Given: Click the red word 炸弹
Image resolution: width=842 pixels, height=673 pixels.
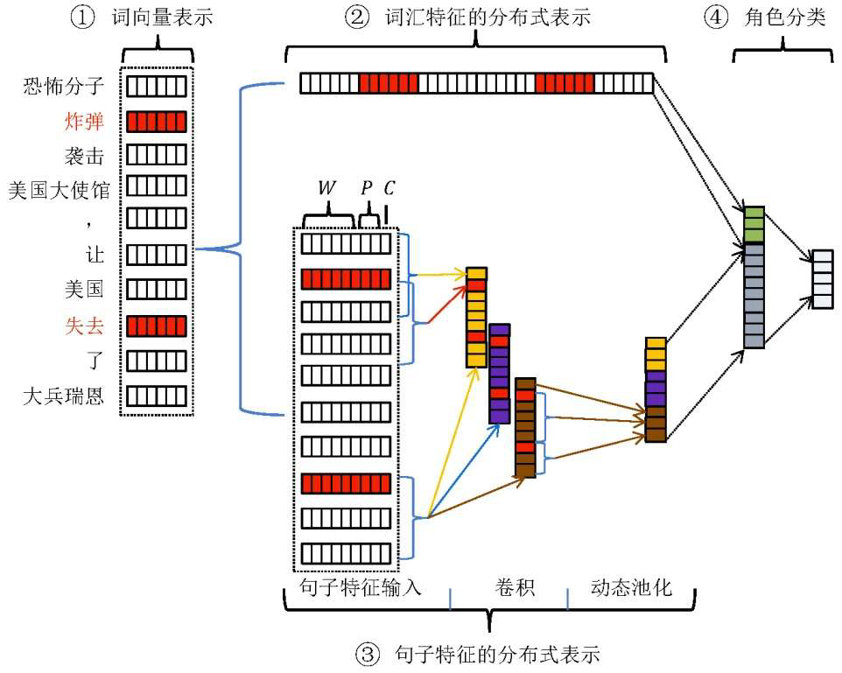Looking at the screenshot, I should tap(84, 121).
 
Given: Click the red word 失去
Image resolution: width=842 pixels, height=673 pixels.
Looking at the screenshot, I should tap(84, 326).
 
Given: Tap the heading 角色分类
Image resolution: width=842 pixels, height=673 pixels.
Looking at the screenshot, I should tap(789, 18).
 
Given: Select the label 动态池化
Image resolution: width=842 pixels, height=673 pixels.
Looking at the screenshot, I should tap(631, 587).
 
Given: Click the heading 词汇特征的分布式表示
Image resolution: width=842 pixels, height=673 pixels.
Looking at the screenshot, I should tap(491, 18).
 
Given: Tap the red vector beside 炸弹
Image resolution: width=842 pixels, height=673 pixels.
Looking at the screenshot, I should tap(157, 121).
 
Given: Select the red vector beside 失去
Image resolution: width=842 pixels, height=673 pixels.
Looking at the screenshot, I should tap(157, 326).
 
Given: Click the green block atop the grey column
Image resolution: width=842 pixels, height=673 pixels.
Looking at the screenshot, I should tap(754, 225).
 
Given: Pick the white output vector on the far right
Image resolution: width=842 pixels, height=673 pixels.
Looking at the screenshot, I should tap(823, 279).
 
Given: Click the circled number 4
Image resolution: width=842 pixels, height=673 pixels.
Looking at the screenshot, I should tap(716, 18).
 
